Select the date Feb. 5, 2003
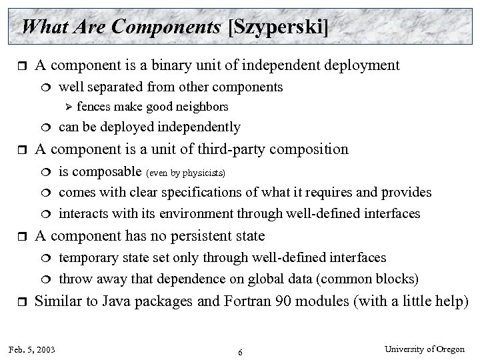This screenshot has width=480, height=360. pyautogui.click(x=33, y=349)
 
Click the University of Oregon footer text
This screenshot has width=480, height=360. pyautogui.click(x=431, y=349)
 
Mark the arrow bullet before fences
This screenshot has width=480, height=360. pyautogui.click(x=66, y=107)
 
